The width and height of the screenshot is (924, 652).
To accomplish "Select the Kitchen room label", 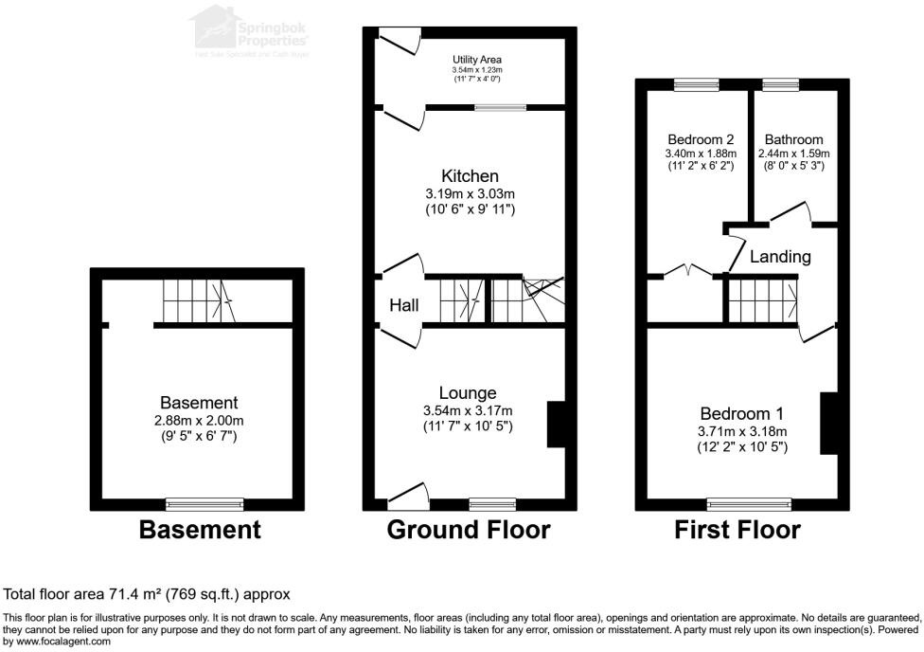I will [470, 176].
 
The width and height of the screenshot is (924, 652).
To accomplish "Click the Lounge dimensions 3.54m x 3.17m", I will [469, 410].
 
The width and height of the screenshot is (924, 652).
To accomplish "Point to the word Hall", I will [403, 305].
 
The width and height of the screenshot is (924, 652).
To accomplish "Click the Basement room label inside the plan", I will [199, 403].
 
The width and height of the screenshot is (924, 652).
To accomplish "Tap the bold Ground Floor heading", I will [468, 530].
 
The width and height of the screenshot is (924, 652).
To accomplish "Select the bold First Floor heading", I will [737, 530].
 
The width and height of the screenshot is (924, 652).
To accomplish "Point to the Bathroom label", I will [793, 138].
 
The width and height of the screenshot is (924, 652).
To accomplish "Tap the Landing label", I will [780, 257].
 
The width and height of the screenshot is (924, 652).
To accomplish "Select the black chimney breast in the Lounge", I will [556, 425].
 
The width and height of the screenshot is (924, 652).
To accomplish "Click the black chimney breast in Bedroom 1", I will [829, 423].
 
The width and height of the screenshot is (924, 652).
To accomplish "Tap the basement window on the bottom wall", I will [204, 503].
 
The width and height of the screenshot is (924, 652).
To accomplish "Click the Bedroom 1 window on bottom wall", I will [749, 503].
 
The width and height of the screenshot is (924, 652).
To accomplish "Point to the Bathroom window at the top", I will [781, 85].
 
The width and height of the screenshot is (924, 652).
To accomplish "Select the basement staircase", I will [196, 302].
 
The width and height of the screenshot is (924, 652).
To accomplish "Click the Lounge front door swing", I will [408, 495].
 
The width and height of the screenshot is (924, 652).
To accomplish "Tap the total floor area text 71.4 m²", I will [147, 594].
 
